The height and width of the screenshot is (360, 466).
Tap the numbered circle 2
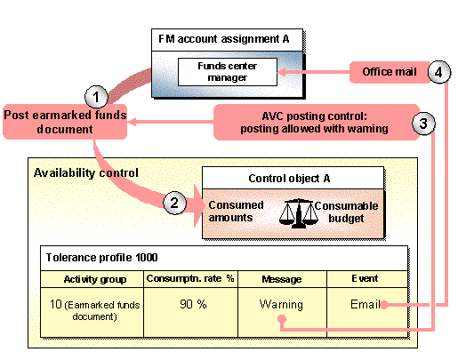(x=176, y=204)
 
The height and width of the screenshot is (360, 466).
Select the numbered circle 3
(x=424, y=124)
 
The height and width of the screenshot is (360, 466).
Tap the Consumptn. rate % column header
(x=189, y=278)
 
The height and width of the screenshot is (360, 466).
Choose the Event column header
(x=366, y=278)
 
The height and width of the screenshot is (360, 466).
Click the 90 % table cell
(x=189, y=304)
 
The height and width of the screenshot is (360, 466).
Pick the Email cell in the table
(x=366, y=304)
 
